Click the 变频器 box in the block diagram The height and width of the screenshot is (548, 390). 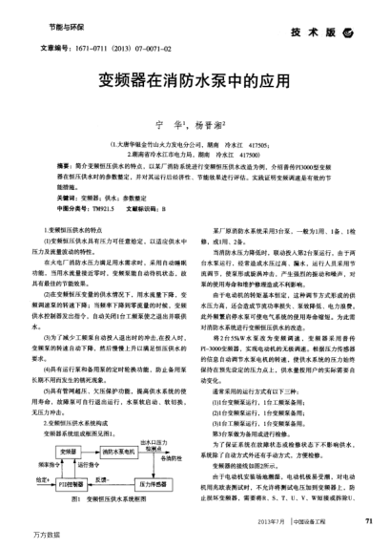(x=70, y=451)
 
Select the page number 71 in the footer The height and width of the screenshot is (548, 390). (x=369, y=520)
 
